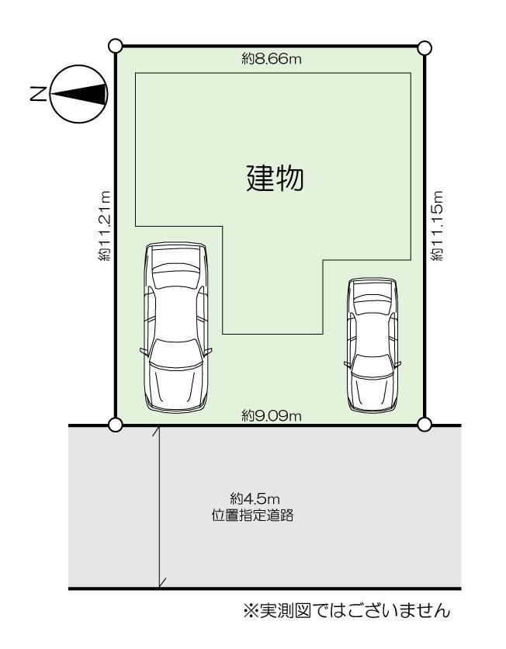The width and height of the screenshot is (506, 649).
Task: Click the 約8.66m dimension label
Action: tap(272, 59)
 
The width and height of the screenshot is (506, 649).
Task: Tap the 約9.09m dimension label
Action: tap(272, 415)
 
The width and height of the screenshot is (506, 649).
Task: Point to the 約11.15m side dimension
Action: tap(437, 226)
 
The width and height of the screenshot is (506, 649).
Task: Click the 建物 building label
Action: tap(276, 178)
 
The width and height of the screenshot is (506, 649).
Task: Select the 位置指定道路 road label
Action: tap(253, 515)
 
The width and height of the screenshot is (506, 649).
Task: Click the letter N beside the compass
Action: tap(39, 94)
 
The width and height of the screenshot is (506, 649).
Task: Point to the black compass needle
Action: tap(78, 94)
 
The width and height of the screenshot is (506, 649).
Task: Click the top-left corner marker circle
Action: tap(115, 46)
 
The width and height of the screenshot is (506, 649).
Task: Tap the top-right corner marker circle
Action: tap(425, 48)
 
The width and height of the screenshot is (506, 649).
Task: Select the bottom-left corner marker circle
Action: tap(116, 424)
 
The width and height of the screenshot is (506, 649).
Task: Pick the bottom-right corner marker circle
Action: tap(425, 424)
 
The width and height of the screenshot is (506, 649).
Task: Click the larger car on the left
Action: tap(176, 327)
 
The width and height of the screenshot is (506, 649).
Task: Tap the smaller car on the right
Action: tap(373, 345)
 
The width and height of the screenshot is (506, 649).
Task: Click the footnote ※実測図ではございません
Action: tap(346, 610)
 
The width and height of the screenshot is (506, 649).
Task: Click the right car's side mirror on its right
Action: tap(398, 364)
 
